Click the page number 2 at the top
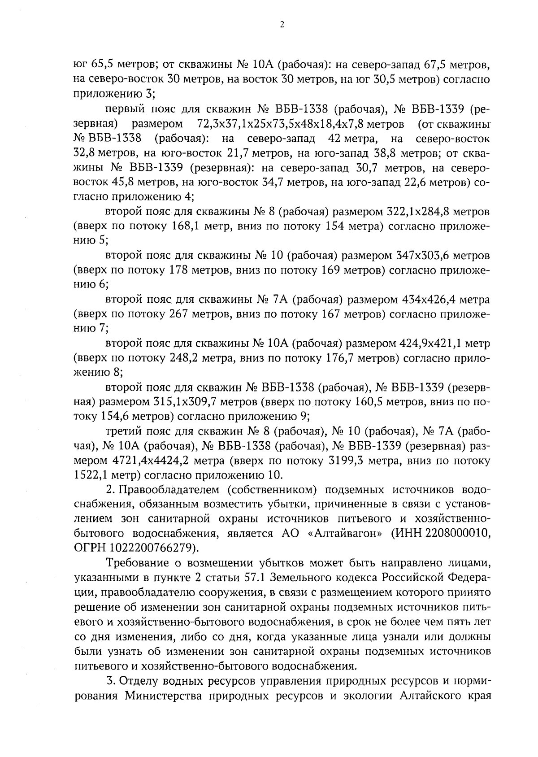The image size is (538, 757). point(282,26)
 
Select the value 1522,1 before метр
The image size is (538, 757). point(88,474)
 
